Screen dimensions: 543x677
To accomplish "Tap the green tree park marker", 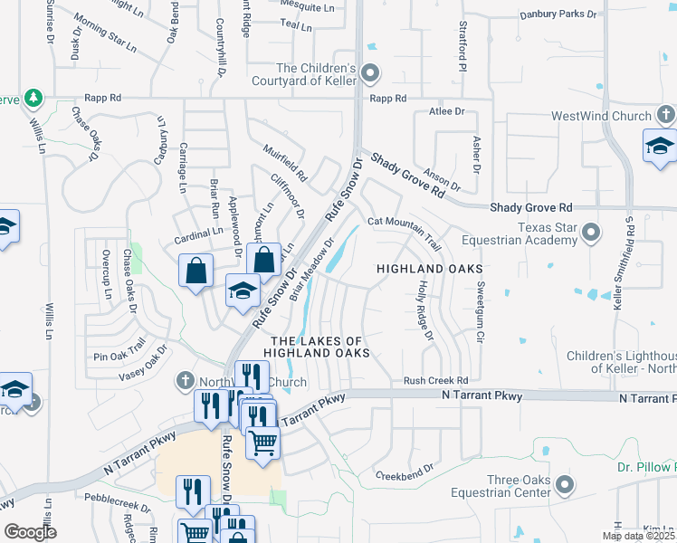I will pyautogui.click(x=33, y=96).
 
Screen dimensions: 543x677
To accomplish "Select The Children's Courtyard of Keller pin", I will pyautogui.click(x=369, y=73).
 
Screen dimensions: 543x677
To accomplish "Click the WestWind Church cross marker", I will pyautogui.click(x=665, y=116).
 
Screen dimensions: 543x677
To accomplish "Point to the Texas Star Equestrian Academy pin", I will pyautogui.click(x=591, y=233).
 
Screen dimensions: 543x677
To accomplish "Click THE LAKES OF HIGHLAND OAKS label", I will pyautogui.click(x=318, y=347).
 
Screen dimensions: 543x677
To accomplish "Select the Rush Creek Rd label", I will pyautogui.click(x=435, y=381).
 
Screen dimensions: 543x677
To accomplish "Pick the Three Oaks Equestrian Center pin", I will pyautogui.click(x=565, y=485).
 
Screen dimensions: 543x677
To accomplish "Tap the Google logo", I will pyautogui.click(x=31, y=532).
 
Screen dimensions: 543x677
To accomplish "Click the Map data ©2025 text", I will pyautogui.click(x=638, y=536).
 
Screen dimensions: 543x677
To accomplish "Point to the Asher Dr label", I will pyautogui.click(x=475, y=155).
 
